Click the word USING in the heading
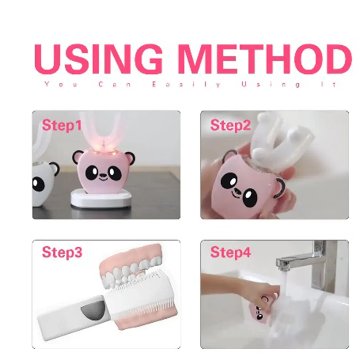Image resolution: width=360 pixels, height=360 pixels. tap(98, 59)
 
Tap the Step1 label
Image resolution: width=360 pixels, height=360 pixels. tap(62, 125)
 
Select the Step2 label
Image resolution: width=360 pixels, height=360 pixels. tap(230, 125)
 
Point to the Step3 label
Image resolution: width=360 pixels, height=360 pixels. tap(62, 252)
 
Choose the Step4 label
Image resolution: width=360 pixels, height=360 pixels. tap(230, 252)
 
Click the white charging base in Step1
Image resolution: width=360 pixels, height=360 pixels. tap(101, 198)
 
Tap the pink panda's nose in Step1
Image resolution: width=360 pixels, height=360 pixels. tap(103, 175)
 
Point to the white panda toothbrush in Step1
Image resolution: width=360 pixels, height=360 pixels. tap(43, 178)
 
